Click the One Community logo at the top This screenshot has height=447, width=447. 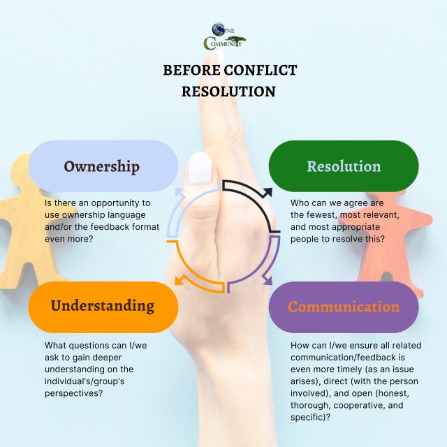223,37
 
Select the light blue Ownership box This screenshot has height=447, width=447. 103,166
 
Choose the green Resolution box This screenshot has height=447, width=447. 344,166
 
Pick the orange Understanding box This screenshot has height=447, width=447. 103,307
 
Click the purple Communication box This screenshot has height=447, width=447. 344,307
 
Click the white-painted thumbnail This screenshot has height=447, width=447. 200,168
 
